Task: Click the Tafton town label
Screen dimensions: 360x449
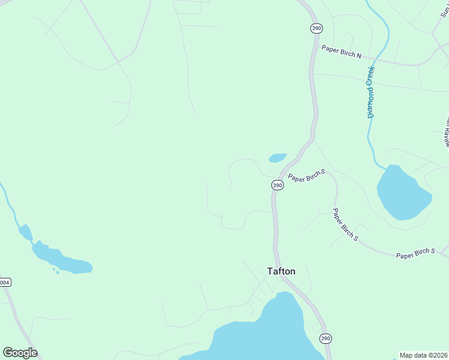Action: pos(281,271)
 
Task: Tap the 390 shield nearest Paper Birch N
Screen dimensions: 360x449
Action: pos(316,28)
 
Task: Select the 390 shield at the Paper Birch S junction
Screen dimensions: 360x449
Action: pos(277,185)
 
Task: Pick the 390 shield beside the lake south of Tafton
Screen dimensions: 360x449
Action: pos(325,338)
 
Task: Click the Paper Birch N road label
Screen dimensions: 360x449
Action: pos(342,52)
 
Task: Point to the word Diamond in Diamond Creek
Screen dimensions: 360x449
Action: pos(371,102)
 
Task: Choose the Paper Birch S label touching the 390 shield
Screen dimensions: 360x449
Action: pos(306,176)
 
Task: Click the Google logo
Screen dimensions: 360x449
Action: pos(20,353)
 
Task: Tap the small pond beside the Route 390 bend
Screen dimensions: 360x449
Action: pos(277,158)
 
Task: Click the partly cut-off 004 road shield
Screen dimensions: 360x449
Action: pos(5,282)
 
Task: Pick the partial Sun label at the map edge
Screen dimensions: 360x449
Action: pos(445,11)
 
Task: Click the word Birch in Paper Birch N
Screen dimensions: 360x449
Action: pos(347,53)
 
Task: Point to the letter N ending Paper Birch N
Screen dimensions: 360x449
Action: pos(359,56)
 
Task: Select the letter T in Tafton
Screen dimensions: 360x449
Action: pos(270,271)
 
